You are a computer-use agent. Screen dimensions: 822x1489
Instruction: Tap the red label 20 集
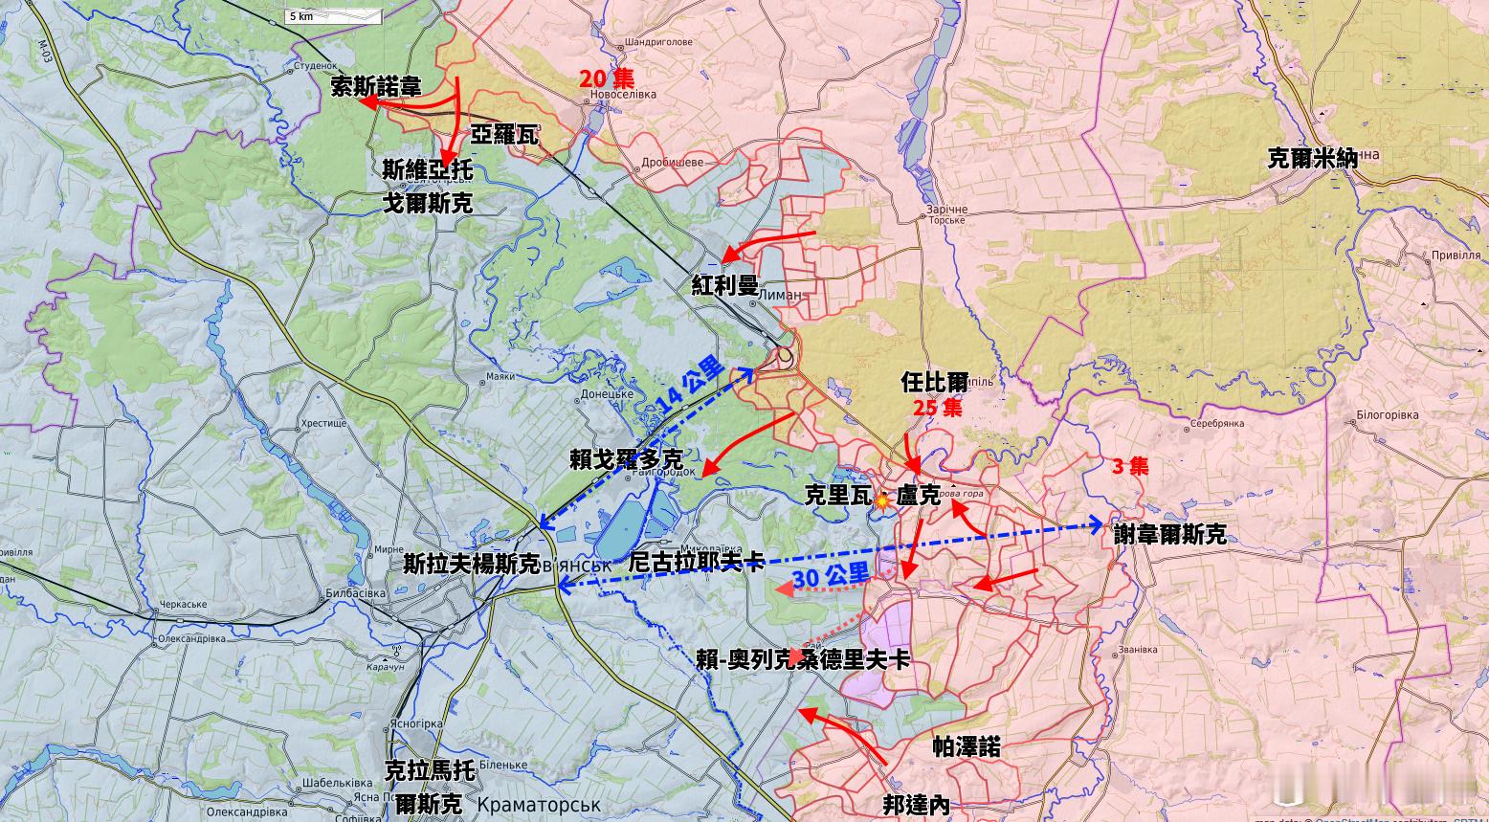click(606, 78)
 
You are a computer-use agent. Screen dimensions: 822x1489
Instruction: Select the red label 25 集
click(937, 408)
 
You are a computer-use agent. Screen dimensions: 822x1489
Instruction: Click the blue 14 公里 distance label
click(690, 385)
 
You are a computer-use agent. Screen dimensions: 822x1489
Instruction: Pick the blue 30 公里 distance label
click(831, 576)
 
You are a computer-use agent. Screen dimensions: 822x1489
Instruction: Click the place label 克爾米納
click(1312, 158)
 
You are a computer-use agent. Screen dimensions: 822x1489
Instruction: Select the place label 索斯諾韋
click(375, 87)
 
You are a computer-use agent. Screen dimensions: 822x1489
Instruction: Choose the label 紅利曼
click(724, 285)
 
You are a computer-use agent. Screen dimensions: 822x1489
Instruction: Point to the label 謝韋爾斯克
click(1169, 534)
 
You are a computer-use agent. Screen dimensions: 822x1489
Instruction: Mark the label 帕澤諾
click(967, 747)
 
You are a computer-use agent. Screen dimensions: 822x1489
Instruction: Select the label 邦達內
click(916, 805)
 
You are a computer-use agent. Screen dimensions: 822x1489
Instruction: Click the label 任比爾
click(934, 382)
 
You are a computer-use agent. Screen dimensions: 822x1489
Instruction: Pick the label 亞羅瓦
click(503, 135)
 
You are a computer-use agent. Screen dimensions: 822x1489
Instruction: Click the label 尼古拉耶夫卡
click(696, 562)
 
